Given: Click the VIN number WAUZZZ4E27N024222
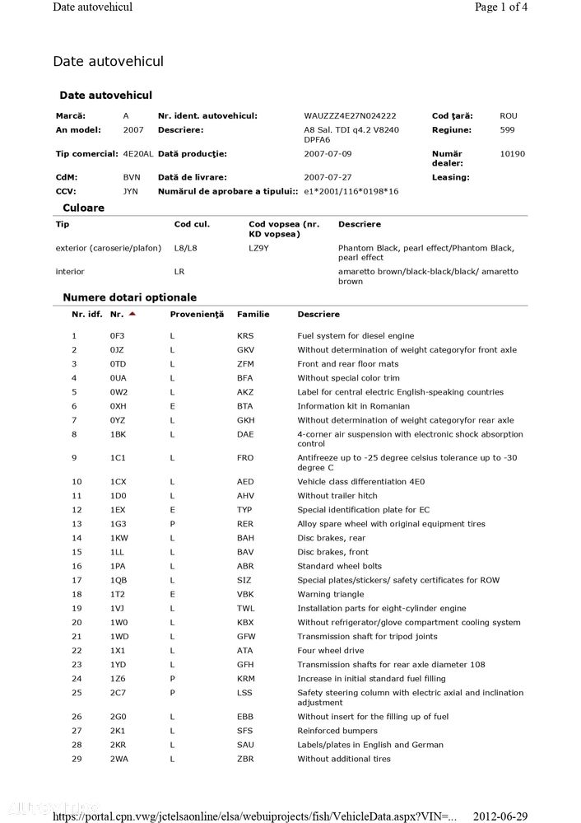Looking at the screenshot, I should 350,116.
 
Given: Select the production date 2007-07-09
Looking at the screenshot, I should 328,154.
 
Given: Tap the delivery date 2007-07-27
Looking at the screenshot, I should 328,177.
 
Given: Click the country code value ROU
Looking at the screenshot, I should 509,116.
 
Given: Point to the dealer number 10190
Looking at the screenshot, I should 512,154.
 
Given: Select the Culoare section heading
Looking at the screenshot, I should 84,208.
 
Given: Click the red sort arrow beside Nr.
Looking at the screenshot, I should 132,314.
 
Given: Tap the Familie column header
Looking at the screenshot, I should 253,315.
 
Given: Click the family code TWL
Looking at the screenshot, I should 245,609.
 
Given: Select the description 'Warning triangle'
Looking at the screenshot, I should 330,595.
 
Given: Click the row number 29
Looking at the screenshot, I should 77,759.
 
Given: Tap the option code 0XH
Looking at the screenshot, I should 119,406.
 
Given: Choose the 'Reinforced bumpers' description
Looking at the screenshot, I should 337,731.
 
